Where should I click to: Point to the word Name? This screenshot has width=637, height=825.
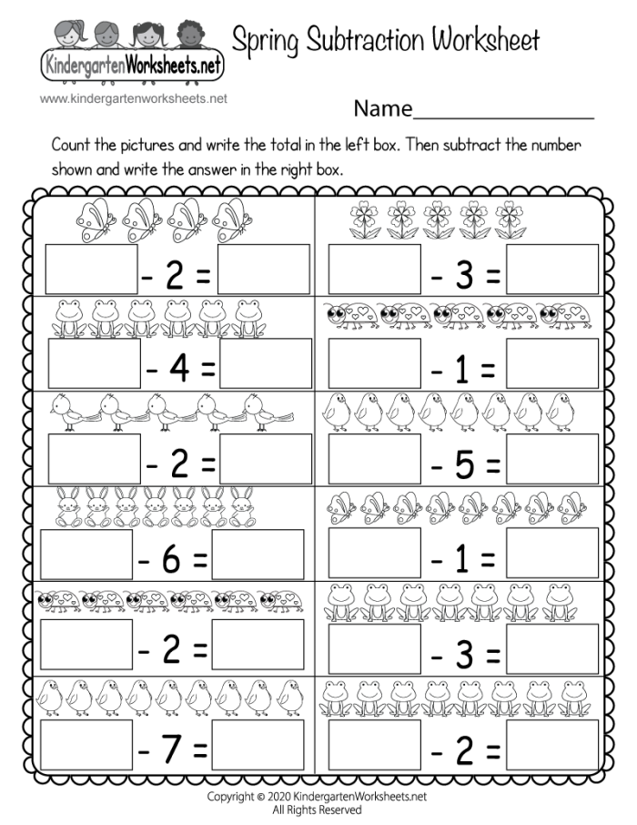click(383, 109)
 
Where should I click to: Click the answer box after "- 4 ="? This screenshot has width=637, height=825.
click(266, 362)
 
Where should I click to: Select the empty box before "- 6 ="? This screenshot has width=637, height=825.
click(86, 554)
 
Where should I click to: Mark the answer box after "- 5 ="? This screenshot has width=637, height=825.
click(552, 458)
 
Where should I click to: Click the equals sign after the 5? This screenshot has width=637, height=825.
click(492, 467)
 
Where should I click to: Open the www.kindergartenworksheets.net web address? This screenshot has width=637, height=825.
click(133, 98)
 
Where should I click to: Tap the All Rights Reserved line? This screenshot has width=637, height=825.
click(317, 809)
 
